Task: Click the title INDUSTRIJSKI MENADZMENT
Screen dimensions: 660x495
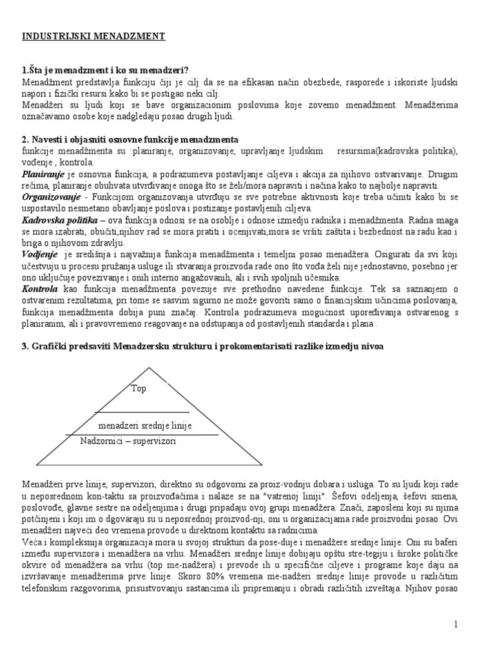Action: pos(94,37)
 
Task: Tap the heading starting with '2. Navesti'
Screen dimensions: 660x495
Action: pos(131,140)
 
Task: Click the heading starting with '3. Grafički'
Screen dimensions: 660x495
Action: pos(202,347)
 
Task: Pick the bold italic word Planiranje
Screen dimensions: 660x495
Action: pos(41,174)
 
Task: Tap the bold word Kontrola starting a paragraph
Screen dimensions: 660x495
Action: pos(40,289)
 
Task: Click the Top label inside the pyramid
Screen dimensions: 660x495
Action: pos(139,389)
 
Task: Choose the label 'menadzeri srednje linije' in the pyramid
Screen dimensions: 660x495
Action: pos(145,427)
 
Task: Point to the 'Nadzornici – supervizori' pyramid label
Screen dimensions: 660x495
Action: pos(128,442)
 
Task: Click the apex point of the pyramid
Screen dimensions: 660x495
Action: pos(150,367)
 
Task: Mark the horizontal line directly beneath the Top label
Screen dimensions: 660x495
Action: pos(142,411)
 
